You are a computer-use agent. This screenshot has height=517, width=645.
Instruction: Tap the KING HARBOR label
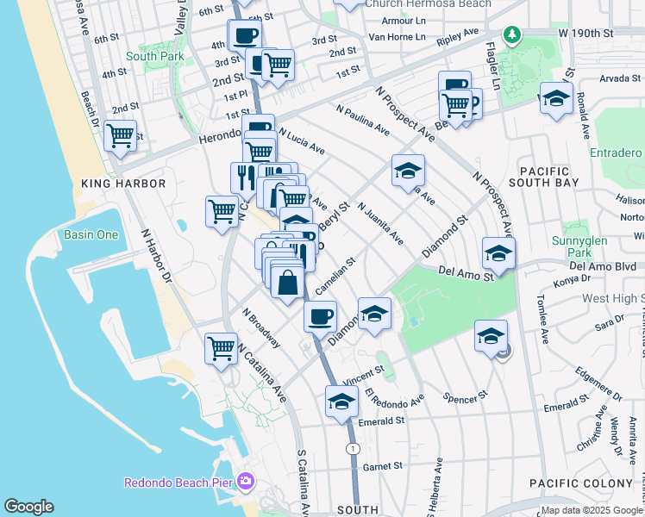tap(116, 184)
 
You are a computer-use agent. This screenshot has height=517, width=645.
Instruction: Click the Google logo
tap(28, 507)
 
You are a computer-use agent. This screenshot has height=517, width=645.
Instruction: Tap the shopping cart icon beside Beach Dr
tap(120, 135)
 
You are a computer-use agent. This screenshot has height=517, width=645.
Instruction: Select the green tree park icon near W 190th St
tap(513, 34)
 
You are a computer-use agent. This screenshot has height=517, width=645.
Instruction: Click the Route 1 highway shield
tap(352, 449)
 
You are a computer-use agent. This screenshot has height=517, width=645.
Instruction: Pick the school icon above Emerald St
tap(341, 401)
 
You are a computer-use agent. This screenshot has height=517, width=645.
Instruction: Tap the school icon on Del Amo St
tap(498, 252)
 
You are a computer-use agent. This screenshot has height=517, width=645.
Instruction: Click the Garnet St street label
tap(383, 466)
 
